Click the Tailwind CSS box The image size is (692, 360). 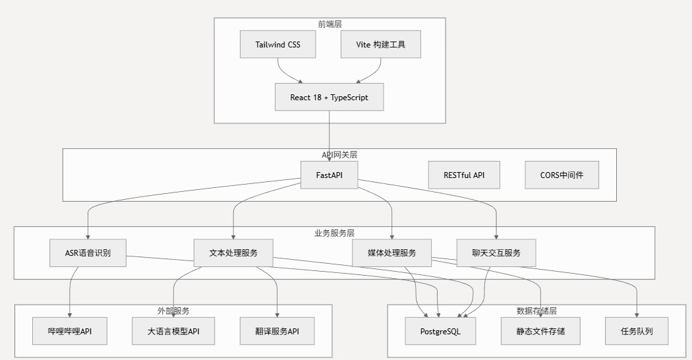pos(277,45)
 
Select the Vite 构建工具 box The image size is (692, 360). pos(381,45)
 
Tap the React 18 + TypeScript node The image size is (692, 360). pos(329,98)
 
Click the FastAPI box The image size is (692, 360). pos(329,175)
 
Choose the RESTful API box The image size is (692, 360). pos(464,175)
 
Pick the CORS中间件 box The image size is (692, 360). pos(562,175)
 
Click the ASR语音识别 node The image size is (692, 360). pos(88,253)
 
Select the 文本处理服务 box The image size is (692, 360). pos(233,253)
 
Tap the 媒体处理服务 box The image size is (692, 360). pos(392,253)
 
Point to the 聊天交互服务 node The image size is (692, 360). pos(496,253)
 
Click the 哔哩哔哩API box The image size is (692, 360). pos(71,331)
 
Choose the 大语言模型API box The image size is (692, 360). pos(174,331)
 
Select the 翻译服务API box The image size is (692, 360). pos(277,331)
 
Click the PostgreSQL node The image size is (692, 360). pos(440,331)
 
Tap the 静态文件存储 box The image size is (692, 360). pos(541,331)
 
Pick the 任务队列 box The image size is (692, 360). pos(637,331)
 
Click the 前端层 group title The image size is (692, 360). pos(330,24)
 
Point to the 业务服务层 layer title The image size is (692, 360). pos(334,233)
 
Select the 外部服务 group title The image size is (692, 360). pos(173,311)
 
